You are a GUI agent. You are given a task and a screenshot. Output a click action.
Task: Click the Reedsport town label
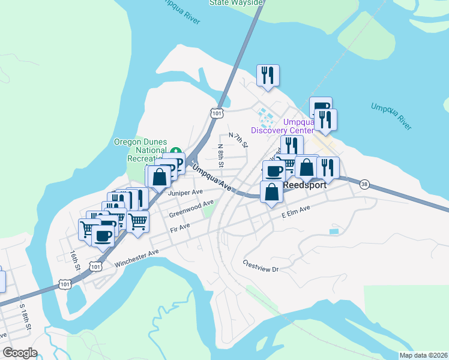click(x=304, y=185)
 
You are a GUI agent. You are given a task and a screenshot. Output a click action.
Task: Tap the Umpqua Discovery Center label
click(x=282, y=126)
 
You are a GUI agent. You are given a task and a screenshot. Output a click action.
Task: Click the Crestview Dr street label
click(x=261, y=266)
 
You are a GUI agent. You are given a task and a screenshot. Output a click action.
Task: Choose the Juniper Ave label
click(x=185, y=193)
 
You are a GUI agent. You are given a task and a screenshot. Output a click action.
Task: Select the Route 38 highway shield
click(x=364, y=184)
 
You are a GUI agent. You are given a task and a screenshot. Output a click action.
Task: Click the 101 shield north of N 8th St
click(x=217, y=113)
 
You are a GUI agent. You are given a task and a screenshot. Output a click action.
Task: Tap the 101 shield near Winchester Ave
click(x=95, y=266)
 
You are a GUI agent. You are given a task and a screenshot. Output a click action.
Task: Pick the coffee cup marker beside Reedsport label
click(x=274, y=171)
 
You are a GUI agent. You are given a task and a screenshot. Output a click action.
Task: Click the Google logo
click(x=20, y=353)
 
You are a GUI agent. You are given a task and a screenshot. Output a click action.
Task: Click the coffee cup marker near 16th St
click(x=103, y=235)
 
